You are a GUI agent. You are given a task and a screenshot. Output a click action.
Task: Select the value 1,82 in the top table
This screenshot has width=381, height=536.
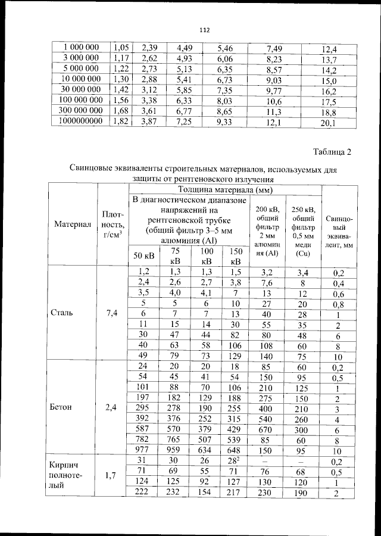pyautogui.click(x=121, y=121)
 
